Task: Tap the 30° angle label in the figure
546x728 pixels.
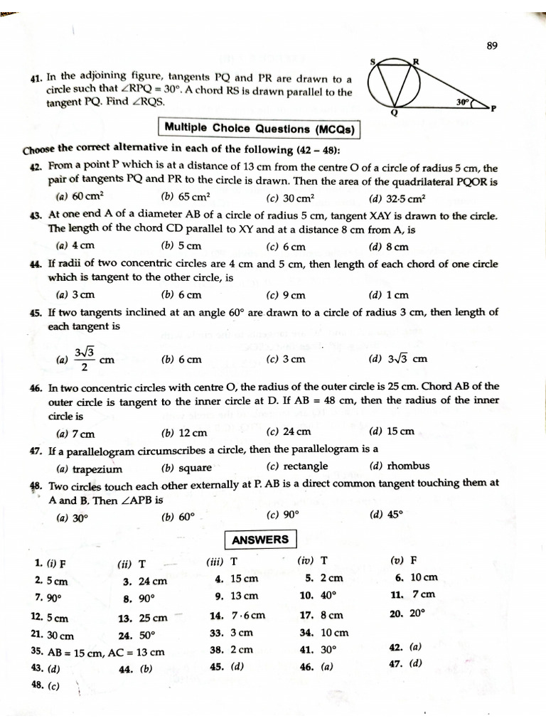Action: point(463,102)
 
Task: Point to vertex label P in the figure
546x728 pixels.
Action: point(493,108)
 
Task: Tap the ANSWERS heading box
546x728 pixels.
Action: point(261,540)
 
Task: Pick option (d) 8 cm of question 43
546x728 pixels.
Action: point(389,247)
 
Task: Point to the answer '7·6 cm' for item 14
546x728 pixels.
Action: point(248,615)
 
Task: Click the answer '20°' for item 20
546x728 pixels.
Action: point(417,612)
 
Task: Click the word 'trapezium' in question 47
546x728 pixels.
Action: point(98,469)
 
